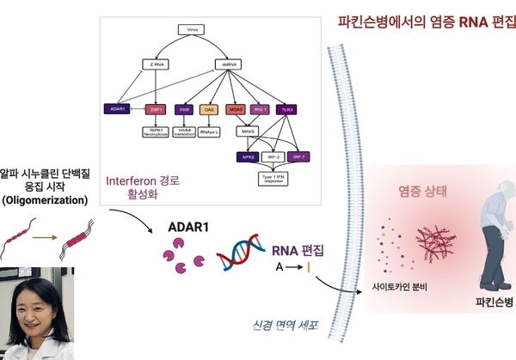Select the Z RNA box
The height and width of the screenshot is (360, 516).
click(154, 64)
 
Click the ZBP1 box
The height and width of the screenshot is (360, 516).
click(156, 110)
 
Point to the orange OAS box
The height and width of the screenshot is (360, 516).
click(210, 110)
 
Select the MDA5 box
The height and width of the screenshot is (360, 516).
click(236, 110)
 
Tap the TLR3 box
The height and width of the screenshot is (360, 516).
click(286, 110)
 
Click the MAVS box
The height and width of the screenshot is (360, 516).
click(249, 131)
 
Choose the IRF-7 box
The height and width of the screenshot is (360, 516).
click(298, 156)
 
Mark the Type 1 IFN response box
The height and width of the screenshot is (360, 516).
click(273, 179)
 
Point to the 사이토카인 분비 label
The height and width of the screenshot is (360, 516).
click(401, 285)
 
